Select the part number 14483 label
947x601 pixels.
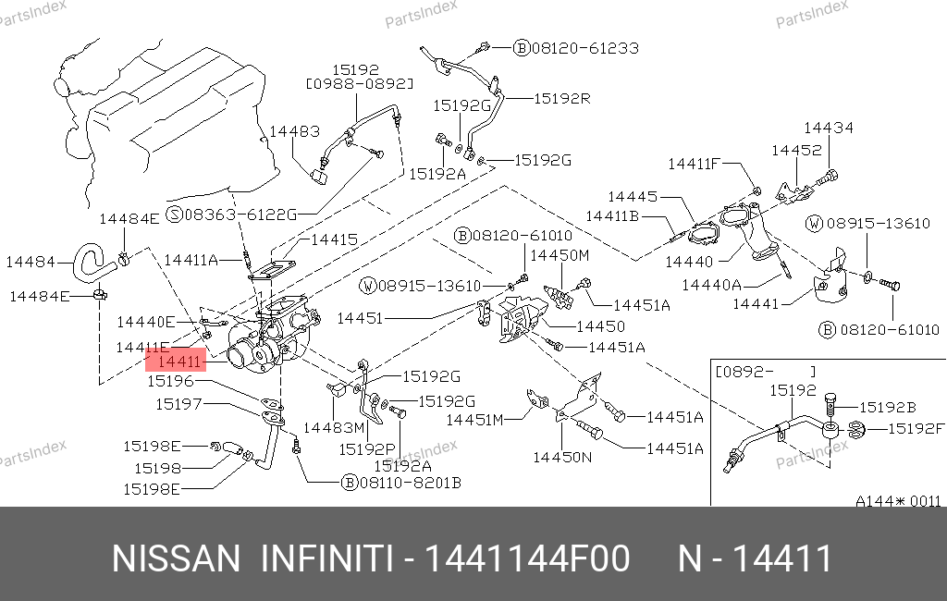pos(294,132)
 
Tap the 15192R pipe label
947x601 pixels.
pos(561,98)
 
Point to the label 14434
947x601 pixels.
pos(828,129)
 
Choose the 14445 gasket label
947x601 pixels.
pos(633,197)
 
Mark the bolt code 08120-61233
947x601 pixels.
pos(584,47)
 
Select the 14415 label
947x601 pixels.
pos(332,239)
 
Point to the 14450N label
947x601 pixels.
pos(562,456)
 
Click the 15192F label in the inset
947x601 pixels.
pos(916,428)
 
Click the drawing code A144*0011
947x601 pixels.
pos(897,501)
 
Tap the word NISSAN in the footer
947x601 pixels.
pos(175,559)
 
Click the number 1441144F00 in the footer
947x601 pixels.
pos(527,559)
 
